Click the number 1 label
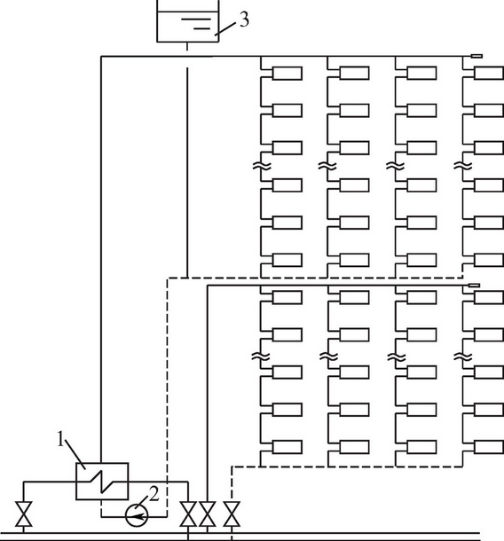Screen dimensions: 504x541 pos(60,440)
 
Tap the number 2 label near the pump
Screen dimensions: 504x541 pos(154,494)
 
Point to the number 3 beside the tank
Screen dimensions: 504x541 pos(244,20)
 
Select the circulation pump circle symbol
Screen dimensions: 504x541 pos(137,516)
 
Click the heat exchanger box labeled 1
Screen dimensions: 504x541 pos(102,481)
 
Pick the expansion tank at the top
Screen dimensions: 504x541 pos(188,21)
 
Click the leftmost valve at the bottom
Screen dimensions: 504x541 pos(24,514)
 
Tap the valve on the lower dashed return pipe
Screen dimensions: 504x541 pos(232,514)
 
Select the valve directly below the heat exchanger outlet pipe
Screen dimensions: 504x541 pos(188,514)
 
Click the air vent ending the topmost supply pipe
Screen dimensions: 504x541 pos(477,56)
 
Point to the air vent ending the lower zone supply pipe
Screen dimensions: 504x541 pos(475,285)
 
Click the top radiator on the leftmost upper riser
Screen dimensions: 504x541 pos(287,73)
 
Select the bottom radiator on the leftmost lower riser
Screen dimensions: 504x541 pos(287,447)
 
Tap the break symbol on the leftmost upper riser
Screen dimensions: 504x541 pos(262,167)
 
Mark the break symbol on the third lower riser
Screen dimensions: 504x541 pos(396,357)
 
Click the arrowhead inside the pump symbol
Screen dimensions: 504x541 pos(138,516)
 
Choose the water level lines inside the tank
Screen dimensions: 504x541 pos(196,24)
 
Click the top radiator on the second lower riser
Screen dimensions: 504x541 pos(354,297)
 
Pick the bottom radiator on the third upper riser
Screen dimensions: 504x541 pos(421,260)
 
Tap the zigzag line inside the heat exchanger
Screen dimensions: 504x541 pos(102,481)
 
